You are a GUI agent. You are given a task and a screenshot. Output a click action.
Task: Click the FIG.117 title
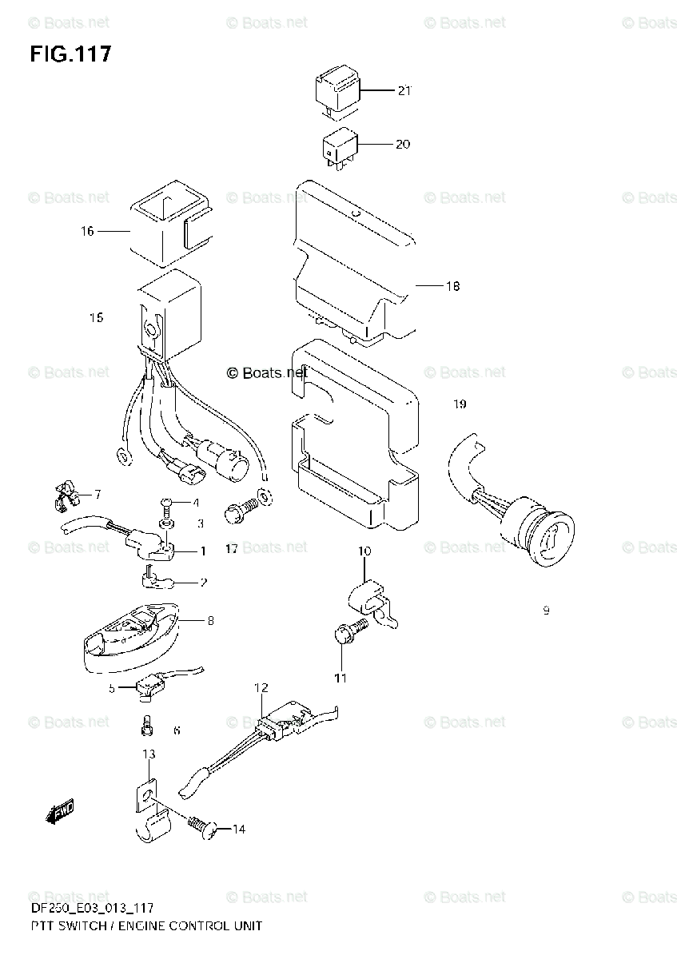70,54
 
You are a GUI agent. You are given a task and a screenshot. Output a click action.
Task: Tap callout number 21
404,90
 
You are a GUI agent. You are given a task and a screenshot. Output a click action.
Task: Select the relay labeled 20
338,146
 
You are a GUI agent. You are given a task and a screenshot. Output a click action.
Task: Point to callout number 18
452,286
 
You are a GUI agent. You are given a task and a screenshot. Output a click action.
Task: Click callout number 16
87,232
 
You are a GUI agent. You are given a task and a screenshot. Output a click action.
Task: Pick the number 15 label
96,318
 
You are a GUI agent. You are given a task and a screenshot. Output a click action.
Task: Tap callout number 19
459,404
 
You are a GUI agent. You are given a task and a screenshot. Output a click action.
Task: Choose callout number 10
364,551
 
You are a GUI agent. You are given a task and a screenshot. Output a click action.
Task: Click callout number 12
261,687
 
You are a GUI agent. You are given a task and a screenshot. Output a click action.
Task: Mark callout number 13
149,754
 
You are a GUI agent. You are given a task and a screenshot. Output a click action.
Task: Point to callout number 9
546,611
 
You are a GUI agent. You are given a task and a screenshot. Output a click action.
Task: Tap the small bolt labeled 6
146,726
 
